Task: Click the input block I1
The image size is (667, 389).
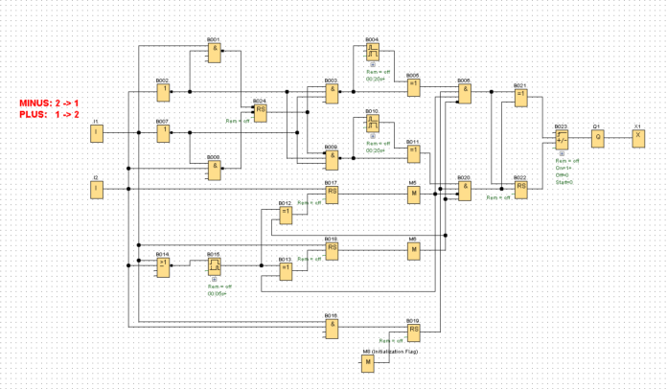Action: pos(96,133)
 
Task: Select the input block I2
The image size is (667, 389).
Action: pos(96,189)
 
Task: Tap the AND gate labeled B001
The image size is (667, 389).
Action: pos(216,52)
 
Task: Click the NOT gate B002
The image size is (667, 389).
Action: pos(164,92)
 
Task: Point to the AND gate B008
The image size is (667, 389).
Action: pos(216,169)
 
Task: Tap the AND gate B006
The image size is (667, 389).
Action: pos(465,93)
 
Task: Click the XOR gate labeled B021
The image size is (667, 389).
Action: pos(520,97)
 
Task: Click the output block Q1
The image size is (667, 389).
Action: pos(597,137)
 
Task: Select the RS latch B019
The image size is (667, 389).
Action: pos(414,332)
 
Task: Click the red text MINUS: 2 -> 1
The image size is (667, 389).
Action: pos(48,102)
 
